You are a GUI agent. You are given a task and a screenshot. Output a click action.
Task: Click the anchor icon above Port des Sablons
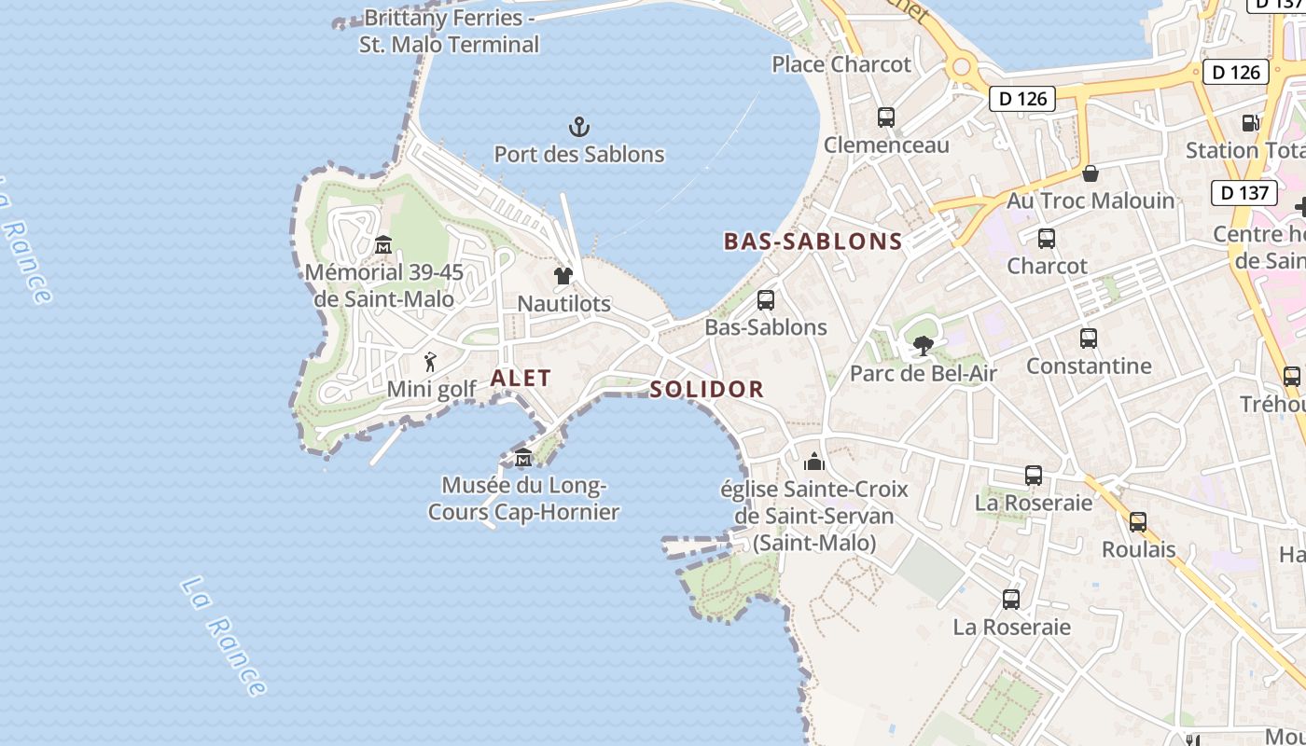(579, 126)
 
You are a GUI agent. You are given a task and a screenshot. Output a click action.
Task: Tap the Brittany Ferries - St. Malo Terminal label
(450, 31)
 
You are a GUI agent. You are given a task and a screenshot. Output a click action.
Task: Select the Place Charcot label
(841, 64)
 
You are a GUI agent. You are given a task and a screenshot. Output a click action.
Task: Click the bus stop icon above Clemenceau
(886, 117)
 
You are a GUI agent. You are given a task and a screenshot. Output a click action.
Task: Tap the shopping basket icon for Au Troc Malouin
(1090, 173)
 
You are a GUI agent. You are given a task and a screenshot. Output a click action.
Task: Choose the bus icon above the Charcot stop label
(1047, 239)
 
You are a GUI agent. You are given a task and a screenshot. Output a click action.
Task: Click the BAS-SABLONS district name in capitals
(813, 242)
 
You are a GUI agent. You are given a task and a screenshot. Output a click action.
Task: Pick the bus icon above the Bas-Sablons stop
(766, 300)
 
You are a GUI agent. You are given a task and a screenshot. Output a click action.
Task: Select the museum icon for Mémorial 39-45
(382, 245)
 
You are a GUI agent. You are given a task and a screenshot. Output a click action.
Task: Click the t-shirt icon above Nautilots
(563, 276)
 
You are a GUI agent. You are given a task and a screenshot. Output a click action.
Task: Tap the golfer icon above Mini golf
(430, 362)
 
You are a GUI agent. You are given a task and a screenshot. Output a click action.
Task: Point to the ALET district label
(521, 378)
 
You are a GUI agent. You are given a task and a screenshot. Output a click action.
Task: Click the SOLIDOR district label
(707, 389)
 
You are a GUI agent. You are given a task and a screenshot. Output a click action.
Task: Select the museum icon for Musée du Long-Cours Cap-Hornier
(523, 458)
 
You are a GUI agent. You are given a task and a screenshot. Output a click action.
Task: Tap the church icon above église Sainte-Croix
(814, 462)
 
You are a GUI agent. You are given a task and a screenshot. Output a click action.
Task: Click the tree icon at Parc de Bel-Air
(924, 347)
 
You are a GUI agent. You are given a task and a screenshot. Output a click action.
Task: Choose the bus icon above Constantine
(1089, 338)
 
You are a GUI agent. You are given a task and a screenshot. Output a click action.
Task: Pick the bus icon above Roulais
(1138, 522)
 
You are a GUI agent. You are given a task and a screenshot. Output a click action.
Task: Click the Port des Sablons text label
(579, 154)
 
